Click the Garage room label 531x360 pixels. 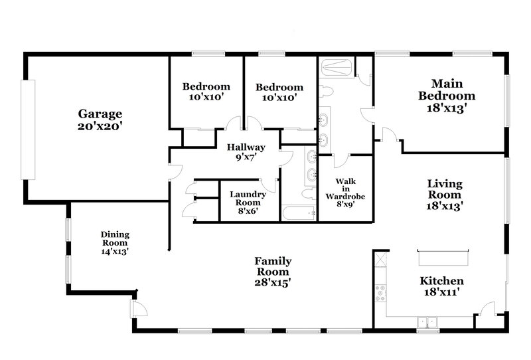[x=100, y=114]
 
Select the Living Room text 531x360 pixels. [x=444, y=189]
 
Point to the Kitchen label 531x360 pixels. [x=441, y=281]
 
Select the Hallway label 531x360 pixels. [x=246, y=147]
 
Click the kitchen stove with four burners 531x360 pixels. [x=381, y=293]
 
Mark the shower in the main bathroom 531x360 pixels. [x=337, y=66]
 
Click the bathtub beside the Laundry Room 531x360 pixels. [x=299, y=214]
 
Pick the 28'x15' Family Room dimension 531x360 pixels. [x=273, y=282]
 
